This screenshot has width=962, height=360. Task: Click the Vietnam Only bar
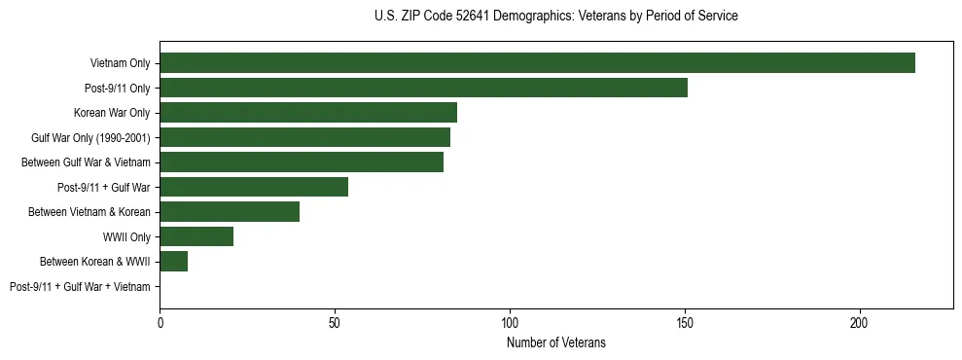click(x=537, y=63)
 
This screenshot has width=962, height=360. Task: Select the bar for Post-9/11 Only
click(x=423, y=88)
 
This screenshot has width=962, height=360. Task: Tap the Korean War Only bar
click(x=308, y=113)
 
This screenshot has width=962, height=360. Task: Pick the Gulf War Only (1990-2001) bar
click(x=304, y=137)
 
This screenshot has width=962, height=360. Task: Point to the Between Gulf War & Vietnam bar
click(x=302, y=162)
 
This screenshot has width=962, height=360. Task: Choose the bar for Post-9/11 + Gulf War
click(x=254, y=187)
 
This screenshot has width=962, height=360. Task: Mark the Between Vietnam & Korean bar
click(x=230, y=211)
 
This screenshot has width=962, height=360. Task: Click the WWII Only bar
click(x=196, y=236)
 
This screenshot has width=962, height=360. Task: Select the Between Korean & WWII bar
click(x=173, y=261)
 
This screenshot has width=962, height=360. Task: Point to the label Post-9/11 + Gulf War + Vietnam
click(x=80, y=286)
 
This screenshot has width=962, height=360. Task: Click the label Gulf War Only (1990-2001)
click(x=90, y=137)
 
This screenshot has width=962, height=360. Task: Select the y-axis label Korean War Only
click(x=112, y=113)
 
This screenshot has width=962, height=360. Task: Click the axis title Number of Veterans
click(x=556, y=342)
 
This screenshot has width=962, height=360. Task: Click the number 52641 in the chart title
click(x=480, y=16)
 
